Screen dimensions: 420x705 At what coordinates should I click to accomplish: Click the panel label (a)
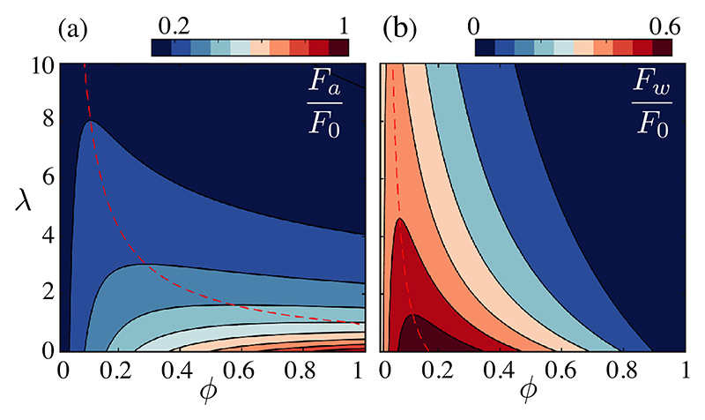[74, 29]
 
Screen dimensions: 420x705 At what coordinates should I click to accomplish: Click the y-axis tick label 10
[41, 65]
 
